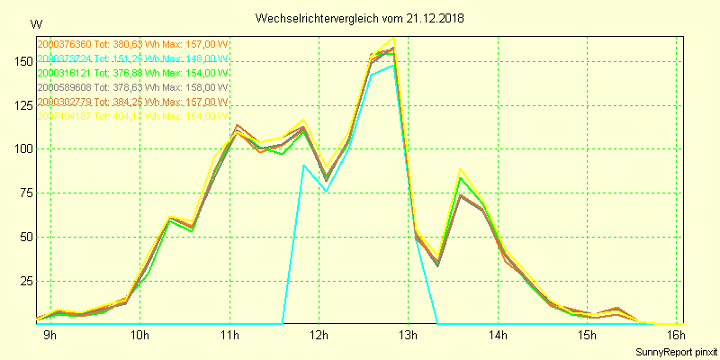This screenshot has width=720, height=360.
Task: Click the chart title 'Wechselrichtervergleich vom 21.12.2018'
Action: [365, 18]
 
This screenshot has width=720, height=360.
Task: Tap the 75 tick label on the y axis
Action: [24, 193]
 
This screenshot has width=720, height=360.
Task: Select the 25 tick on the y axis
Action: [24, 282]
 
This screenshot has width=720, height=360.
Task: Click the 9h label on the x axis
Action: [50, 336]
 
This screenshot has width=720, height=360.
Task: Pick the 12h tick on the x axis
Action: [319, 336]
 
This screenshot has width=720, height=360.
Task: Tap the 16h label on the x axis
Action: [675, 336]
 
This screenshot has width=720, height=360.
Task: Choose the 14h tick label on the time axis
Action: [497, 336]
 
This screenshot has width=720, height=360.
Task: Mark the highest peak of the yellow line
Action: [394, 39]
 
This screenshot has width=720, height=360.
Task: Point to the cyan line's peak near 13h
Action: [393, 65]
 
